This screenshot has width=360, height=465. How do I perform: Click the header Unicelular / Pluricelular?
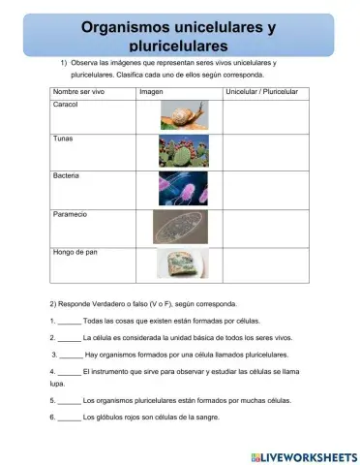tap(261, 91)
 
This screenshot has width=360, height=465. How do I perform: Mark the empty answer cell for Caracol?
tap(266, 115)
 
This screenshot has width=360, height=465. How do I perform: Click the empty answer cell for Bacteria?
tap(266, 189)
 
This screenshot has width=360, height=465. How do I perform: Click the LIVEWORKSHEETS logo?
tap(302, 454)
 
